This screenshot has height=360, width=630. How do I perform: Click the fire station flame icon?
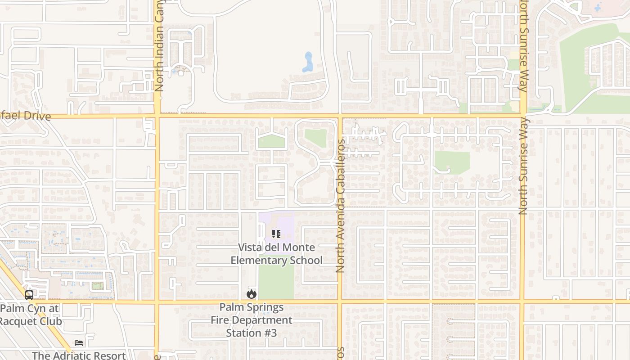[x=251, y=294]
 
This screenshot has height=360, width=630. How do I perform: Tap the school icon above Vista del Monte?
[x=276, y=234]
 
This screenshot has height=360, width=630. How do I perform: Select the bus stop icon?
[x=29, y=295]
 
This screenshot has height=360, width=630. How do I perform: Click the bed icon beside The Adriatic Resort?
[x=79, y=343]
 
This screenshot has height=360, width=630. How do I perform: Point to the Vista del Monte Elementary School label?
[x=276, y=254]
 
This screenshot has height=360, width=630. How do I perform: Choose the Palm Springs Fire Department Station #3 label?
[x=252, y=320]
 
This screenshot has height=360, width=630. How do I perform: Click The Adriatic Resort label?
[x=79, y=355]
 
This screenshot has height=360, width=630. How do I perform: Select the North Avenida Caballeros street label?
[x=340, y=206]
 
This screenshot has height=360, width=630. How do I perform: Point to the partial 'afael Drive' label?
[x=25, y=116]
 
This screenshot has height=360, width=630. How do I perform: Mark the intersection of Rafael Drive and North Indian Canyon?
[x=157, y=116]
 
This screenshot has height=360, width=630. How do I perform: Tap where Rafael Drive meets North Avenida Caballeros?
[x=340, y=116]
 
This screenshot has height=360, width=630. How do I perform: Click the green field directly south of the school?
[x=276, y=281]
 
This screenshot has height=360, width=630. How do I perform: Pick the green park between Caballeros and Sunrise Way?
[x=452, y=162]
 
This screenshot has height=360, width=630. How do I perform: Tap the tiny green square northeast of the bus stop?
[x=97, y=286]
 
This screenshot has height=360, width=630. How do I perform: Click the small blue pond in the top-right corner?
[x=597, y=8]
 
